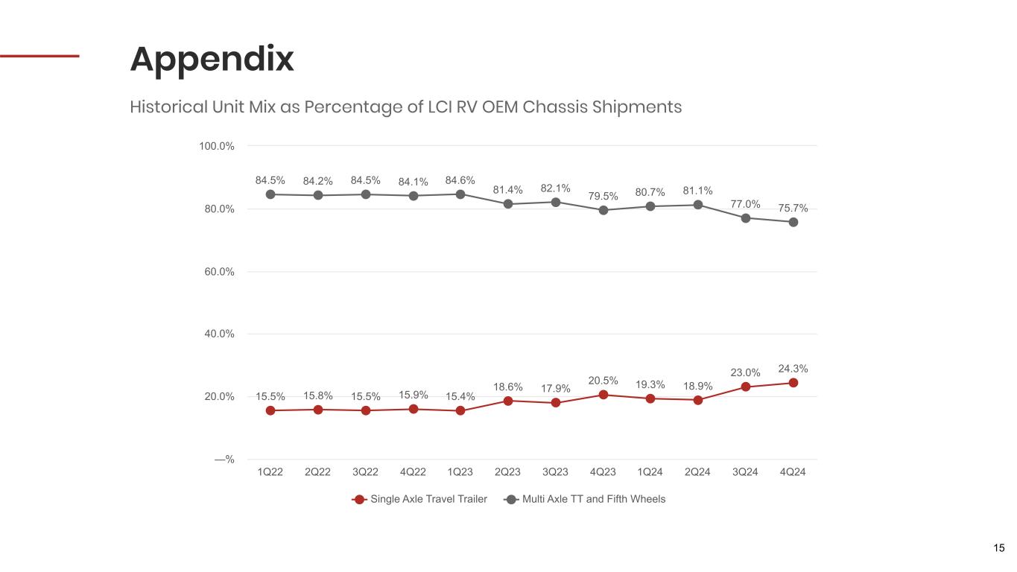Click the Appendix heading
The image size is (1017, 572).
point(212,60)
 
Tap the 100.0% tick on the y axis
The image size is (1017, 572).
point(217,146)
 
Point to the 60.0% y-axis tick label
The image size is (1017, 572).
point(219,272)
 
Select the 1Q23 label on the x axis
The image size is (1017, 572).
point(460,472)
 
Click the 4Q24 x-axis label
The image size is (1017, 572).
point(793,472)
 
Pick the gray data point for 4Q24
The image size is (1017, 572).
point(793,223)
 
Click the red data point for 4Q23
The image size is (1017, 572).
point(603,395)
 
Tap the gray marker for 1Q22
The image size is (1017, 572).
point(270,194)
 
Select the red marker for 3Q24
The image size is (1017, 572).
point(746,387)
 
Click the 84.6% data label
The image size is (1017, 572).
point(460,181)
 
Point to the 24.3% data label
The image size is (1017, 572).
point(793,369)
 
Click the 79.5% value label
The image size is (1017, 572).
point(603,196)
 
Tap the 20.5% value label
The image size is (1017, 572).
point(603,381)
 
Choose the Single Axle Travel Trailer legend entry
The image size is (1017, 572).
point(419,499)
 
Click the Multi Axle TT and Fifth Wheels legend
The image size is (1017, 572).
point(584,499)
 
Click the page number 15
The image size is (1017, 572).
point(999,548)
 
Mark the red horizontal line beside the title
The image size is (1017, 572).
point(39,56)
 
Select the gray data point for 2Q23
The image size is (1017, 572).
point(508,204)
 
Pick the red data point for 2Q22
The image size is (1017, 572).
point(318,410)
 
